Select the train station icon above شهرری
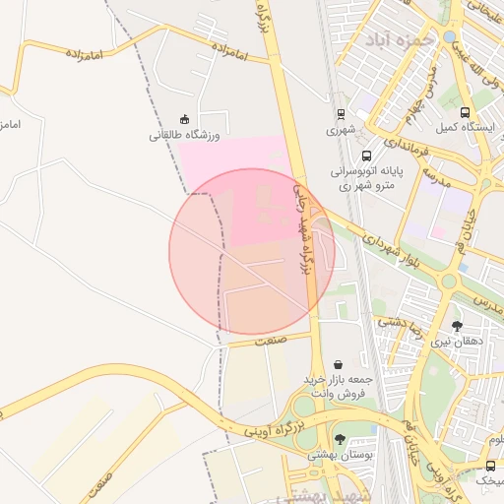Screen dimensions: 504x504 point(340,113)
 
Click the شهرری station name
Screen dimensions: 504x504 point(339,129)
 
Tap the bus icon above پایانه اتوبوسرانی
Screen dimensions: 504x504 point(367,155)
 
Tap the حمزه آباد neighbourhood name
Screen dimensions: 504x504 point(399,40)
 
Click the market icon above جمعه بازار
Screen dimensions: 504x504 point(339,364)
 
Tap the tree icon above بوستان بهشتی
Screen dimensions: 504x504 point(340,439)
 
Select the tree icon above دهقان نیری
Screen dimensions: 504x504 point(456,325)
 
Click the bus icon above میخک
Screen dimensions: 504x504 point(490,465)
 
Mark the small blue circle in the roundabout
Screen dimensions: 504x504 point(450,37)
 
